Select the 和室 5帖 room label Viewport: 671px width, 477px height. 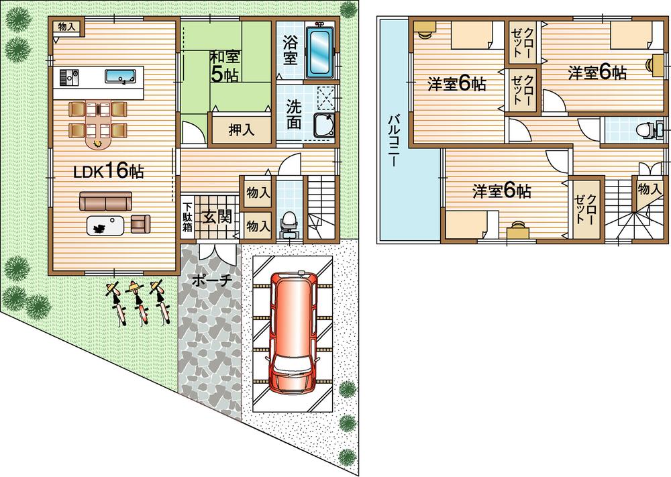tap(224, 66)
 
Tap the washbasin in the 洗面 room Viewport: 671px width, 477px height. tap(323, 125)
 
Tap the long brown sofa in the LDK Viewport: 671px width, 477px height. tap(106, 201)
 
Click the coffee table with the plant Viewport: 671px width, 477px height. tap(105, 227)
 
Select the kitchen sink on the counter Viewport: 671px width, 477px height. tap(121, 76)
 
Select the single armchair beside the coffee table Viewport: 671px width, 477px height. tap(141, 223)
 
